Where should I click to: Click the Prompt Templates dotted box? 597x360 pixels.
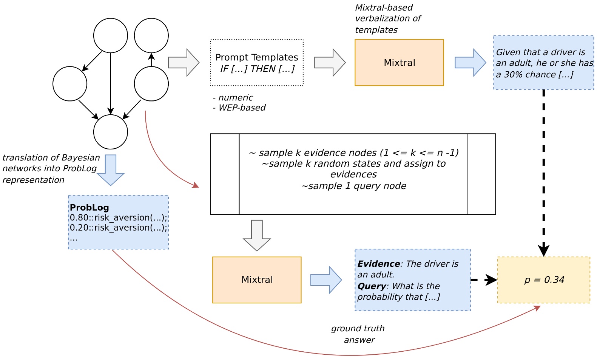click(x=257, y=63)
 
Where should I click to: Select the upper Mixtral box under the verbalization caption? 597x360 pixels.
click(x=399, y=63)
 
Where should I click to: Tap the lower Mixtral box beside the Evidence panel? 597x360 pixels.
click(x=257, y=280)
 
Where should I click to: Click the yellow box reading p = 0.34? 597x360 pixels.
click(x=543, y=280)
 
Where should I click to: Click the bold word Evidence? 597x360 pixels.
click(x=378, y=264)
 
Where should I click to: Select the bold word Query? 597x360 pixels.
click(x=372, y=286)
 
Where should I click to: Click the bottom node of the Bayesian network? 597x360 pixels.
click(x=111, y=132)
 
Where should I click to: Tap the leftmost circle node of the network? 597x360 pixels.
click(x=70, y=84)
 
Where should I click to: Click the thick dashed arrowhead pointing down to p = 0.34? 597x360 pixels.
click(x=543, y=250)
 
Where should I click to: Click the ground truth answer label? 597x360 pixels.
click(x=358, y=334)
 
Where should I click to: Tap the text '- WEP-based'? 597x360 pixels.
click(x=239, y=108)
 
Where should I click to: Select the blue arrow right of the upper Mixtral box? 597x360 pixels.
click(x=470, y=63)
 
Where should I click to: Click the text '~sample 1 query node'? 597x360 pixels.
click(x=353, y=186)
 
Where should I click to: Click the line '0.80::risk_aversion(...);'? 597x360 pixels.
click(x=118, y=218)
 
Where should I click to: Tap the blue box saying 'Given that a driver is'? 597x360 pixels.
click(x=543, y=63)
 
